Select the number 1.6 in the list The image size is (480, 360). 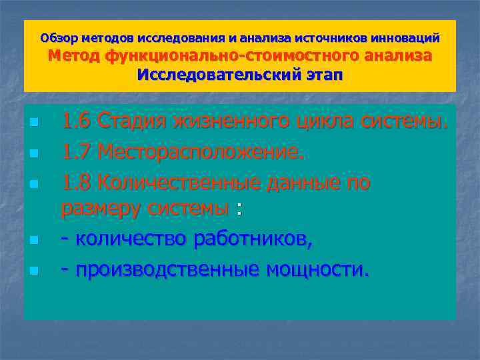pos(77,122)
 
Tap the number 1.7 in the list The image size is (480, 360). pos(77,153)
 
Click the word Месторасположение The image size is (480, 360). pos(201,153)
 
